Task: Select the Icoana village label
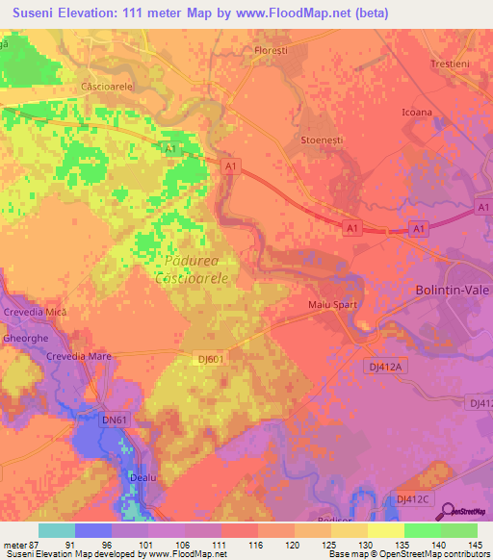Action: tap(417, 113)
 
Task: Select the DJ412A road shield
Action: tap(389, 366)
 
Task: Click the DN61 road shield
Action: tap(115, 420)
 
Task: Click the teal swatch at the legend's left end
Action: tap(57, 530)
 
